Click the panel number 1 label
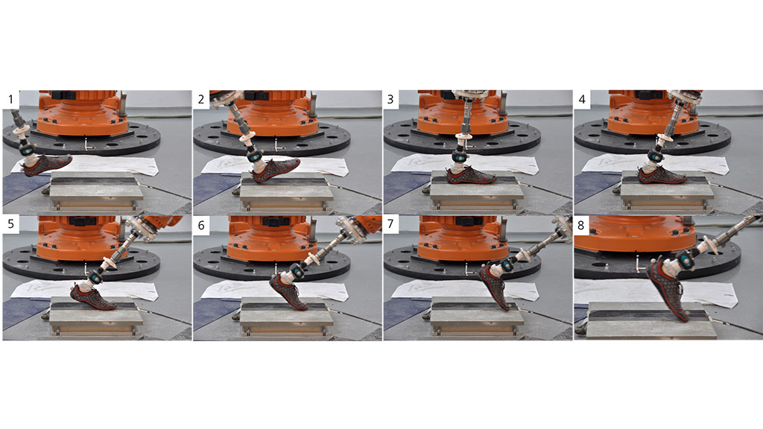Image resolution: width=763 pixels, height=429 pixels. [10, 99]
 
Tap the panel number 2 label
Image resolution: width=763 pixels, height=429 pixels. [201, 99]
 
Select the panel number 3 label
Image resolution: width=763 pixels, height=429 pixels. [390, 99]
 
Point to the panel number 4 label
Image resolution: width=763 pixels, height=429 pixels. [582, 99]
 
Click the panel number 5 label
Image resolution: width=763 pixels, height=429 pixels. [10, 225]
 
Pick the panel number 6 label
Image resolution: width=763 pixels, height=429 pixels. [201, 225]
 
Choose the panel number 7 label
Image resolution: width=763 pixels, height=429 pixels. [390, 225]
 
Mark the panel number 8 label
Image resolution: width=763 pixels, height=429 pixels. [581, 225]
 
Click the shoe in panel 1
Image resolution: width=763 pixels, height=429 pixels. [46, 165]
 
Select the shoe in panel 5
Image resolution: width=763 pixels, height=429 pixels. [93, 296]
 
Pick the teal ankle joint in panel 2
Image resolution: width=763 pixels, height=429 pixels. [255, 156]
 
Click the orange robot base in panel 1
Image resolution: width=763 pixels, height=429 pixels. [82, 113]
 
